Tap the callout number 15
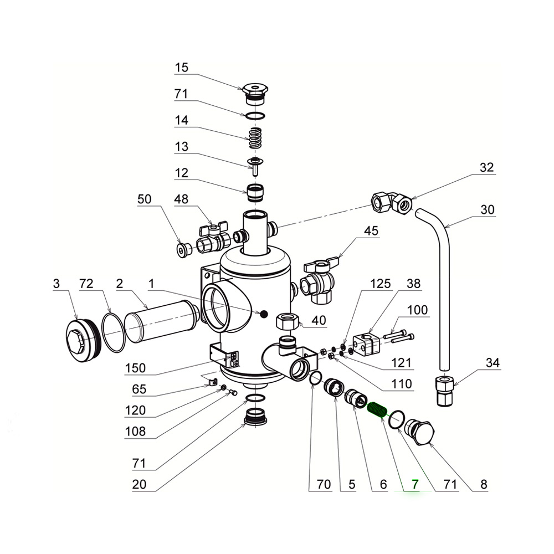point(181,68)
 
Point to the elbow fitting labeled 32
point(392,200)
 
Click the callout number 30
point(488,210)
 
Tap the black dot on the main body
point(264,314)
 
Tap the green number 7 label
point(411,484)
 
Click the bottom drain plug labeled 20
point(256,417)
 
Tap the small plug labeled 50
point(184,249)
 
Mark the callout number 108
point(135,432)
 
